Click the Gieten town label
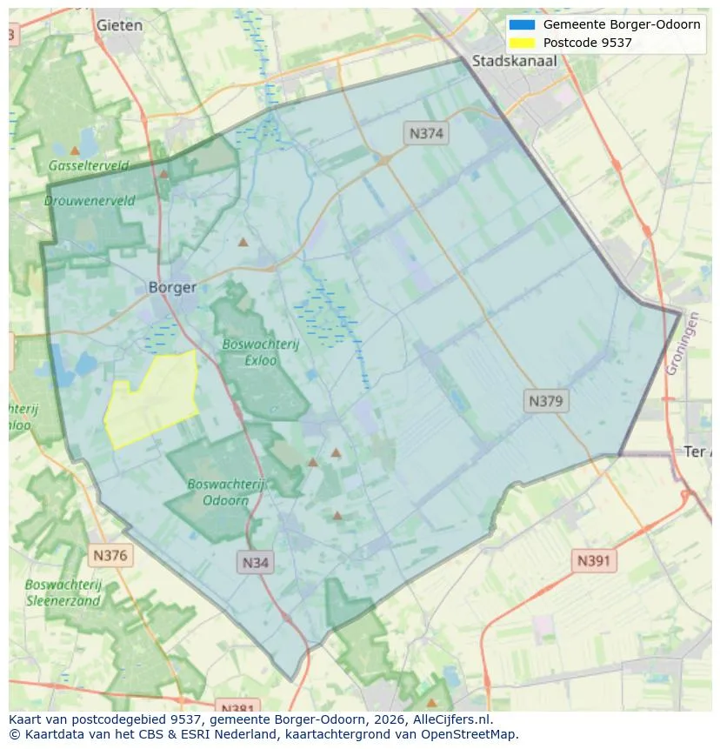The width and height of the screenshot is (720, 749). [x=119, y=25]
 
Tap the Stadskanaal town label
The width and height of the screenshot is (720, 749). [x=514, y=61]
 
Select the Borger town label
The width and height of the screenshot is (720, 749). [x=172, y=287]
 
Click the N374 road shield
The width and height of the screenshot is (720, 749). [x=426, y=133]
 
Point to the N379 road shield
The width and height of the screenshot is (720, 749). [x=546, y=401]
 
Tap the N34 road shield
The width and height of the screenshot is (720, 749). [x=256, y=562]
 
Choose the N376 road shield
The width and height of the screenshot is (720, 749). [x=110, y=555]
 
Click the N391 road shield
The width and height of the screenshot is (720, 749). [x=594, y=561]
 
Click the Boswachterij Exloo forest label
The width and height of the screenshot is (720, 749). [x=260, y=351]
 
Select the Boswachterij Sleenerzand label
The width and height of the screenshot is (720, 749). [x=63, y=592]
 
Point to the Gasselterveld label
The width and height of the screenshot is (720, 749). [x=89, y=165]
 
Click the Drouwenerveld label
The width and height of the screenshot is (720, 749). [x=90, y=200]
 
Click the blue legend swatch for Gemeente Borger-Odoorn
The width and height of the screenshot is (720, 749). [x=523, y=24]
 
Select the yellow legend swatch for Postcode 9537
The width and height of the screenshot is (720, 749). [x=523, y=43]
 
